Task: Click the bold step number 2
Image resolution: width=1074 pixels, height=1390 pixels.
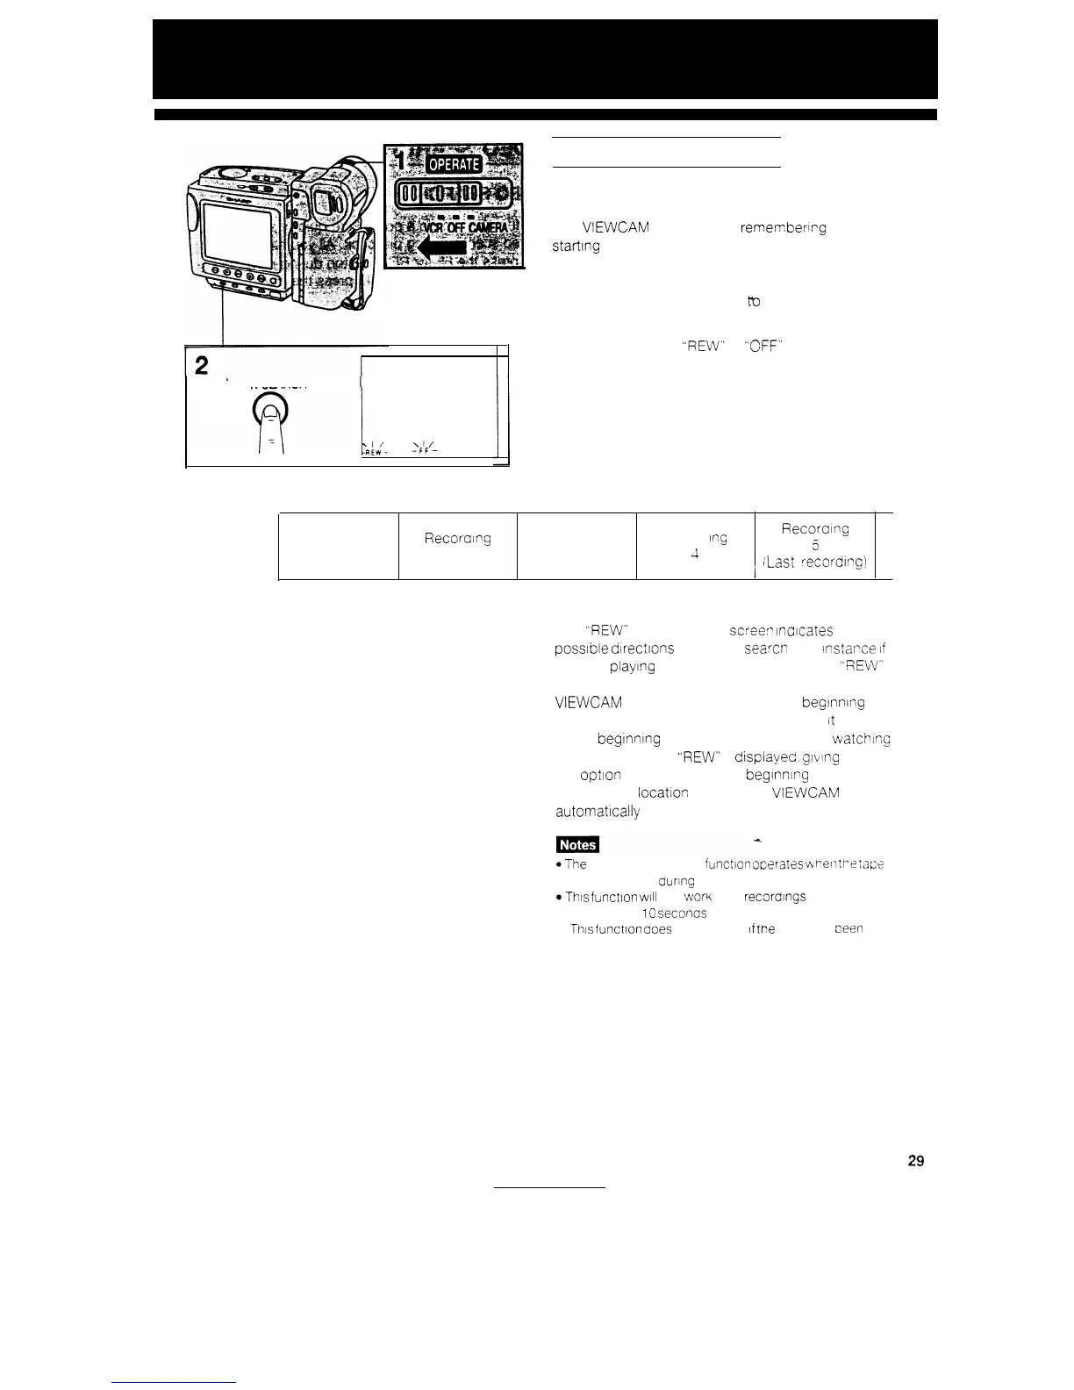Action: (202, 365)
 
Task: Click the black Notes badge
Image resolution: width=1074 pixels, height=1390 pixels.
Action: (577, 844)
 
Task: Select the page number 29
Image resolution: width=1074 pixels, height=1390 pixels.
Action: (915, 1161)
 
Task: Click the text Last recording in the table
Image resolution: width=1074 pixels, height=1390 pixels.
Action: (815, 562)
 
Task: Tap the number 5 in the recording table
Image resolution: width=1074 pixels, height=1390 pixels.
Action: (815, 546)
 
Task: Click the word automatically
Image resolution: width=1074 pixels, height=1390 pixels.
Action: (598, 812)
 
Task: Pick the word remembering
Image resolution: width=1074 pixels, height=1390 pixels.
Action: (784, 228)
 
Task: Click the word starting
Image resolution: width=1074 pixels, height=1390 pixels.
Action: (576, 247)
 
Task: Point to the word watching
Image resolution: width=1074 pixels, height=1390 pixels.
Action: (861, 739)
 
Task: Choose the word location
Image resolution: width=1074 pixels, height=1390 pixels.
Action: (662, 792)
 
